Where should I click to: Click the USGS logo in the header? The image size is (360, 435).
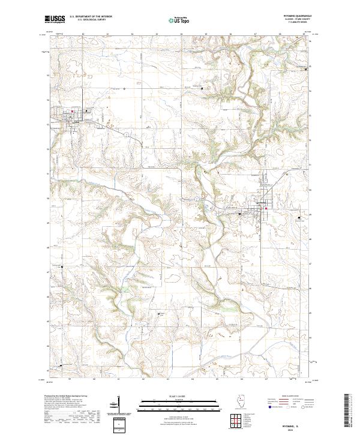pos(55,20)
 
